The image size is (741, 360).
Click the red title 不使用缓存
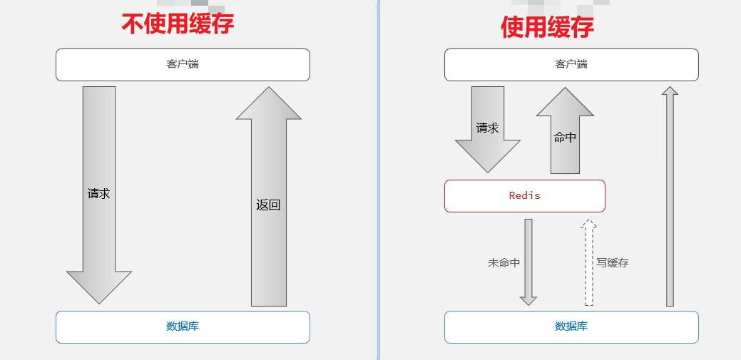coord(178,24)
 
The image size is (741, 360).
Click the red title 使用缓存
coord(547,27)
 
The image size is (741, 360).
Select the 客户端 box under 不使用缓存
coord(183,65)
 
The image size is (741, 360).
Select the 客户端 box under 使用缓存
coord(571,65)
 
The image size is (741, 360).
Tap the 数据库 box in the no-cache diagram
coord(183,327)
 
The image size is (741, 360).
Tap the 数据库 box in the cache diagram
coord(571,327)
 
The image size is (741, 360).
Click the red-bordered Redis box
coord(524,196)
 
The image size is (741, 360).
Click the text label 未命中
coord(504,263)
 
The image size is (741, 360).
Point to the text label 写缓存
coord(613,263)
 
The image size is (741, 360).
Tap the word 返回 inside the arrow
coord(268,205)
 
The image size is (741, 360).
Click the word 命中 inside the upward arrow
coord(565,138)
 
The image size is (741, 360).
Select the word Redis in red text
coord(524,195)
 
